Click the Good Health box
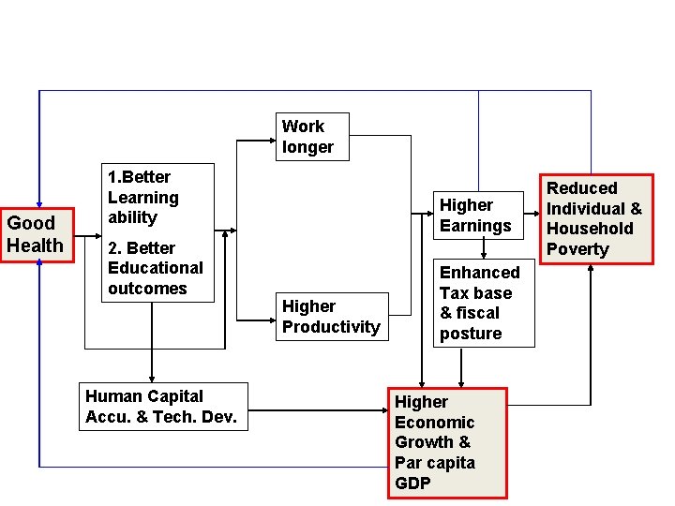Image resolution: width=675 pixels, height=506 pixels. click(36, 234)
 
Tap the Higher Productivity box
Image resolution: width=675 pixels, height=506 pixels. click(331, 317)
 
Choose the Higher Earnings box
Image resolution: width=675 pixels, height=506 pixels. click(475, 216)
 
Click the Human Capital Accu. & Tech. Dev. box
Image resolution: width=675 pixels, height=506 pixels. click(165, 407)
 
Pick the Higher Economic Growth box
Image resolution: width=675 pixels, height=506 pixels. click(447, 442)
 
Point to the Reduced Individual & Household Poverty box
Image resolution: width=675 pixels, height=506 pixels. click(593, 218)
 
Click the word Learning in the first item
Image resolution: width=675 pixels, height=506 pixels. click(142, 197)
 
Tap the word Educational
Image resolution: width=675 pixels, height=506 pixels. click(155, 268)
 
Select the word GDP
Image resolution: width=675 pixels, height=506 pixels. click(412, 484)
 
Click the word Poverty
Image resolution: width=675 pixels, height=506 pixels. click(577, 249)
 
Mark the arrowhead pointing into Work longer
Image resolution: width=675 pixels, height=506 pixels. click(270, 141)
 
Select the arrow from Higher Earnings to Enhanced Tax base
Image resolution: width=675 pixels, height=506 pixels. click(483, 248)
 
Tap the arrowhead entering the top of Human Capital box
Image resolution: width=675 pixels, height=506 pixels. click(150, 375)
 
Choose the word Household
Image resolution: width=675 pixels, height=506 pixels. click(590, 229)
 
